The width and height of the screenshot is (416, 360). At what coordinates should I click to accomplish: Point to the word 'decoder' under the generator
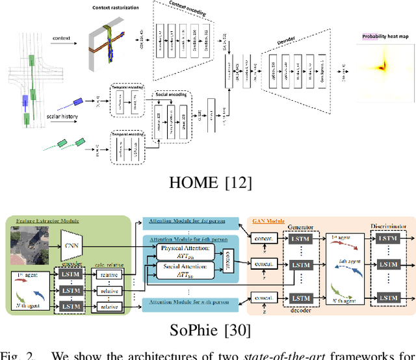pos(300,310)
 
